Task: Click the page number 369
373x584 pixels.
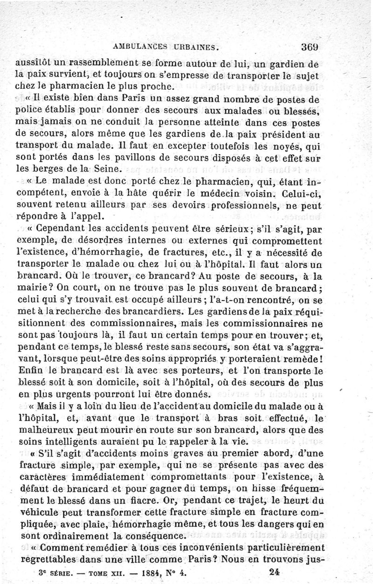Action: (310, 47)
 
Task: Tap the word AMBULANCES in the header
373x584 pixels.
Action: (142, 47)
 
